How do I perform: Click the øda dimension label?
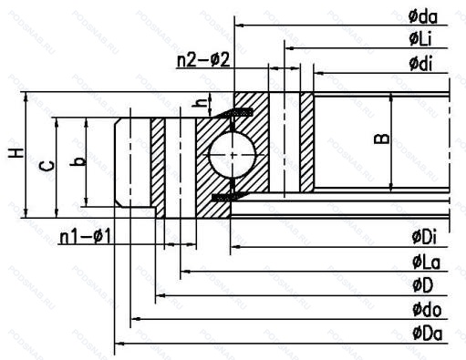[423, 16]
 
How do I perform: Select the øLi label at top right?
[420, 39]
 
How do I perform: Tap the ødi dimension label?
[420, 64]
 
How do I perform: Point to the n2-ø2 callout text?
[203, 60]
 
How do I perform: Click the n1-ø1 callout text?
[86, 236]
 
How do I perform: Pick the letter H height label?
[16, 153]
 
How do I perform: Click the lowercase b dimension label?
[78, 161]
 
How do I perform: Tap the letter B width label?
[381, 139]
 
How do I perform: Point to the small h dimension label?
[200, 104]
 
